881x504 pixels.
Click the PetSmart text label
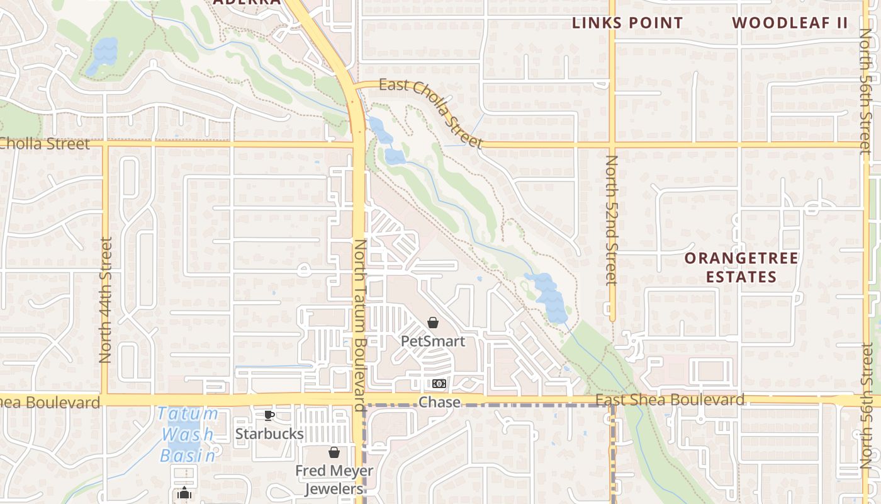433,341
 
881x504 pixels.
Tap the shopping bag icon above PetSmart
433,323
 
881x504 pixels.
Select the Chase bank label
439,402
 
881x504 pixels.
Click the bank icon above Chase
439,384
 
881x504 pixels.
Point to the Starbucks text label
269,434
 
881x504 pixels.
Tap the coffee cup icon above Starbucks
269,416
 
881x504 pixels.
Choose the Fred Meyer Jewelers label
334,479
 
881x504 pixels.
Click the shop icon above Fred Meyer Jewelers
334,452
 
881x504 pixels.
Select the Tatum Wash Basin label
188,435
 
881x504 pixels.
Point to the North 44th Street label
105,299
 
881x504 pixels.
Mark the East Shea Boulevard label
670,400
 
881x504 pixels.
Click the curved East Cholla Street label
432,112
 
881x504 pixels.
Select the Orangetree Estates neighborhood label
741,267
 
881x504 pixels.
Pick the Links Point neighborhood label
627,23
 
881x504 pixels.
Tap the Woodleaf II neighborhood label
790,23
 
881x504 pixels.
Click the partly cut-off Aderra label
247,3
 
